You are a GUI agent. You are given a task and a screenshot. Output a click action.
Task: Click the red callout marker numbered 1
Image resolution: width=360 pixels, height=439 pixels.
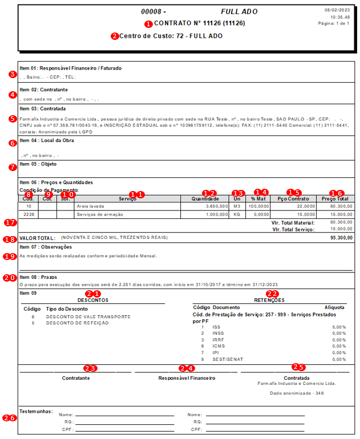tap(149, 25)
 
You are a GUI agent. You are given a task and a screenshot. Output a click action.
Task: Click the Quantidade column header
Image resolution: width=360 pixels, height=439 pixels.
tap(206, 198)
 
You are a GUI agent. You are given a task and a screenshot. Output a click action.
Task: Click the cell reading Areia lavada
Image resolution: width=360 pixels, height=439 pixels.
tap(90, 206)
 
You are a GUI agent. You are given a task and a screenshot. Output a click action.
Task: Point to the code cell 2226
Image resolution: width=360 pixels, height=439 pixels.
tap(29, 214)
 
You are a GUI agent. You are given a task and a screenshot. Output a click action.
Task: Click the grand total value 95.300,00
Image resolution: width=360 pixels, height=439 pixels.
tap(341, 237)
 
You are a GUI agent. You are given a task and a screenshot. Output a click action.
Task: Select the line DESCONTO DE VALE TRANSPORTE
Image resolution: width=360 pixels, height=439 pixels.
tap(88, 316)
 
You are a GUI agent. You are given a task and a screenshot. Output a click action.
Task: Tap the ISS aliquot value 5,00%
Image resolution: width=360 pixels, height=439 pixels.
tap(339, 327)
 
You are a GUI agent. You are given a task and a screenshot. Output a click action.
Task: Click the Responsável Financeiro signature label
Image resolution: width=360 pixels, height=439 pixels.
tap(187, 377)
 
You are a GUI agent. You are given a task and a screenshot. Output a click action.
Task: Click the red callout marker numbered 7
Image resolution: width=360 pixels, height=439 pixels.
tap(13, 167)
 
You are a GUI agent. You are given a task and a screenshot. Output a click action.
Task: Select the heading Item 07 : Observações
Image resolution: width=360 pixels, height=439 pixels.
tap(46, 247)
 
